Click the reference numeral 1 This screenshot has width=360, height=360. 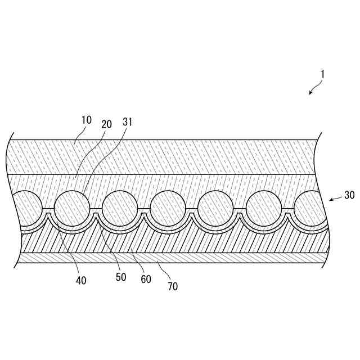[x=322, y=74]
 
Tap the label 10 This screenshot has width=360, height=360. [x=86, y=120]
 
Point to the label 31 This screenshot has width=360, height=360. [x=127, y=122]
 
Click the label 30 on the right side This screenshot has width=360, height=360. [x=349, y=196]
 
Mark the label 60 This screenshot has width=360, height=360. [x=145, y=279]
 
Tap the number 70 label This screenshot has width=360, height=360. [x=173, y=286]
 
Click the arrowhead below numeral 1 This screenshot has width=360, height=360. [x=310, y=93]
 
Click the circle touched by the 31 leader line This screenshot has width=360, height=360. [x=71, y=208]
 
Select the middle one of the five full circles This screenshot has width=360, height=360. [x=167, y=208]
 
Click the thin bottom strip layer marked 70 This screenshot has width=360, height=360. [x=169, y=257]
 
